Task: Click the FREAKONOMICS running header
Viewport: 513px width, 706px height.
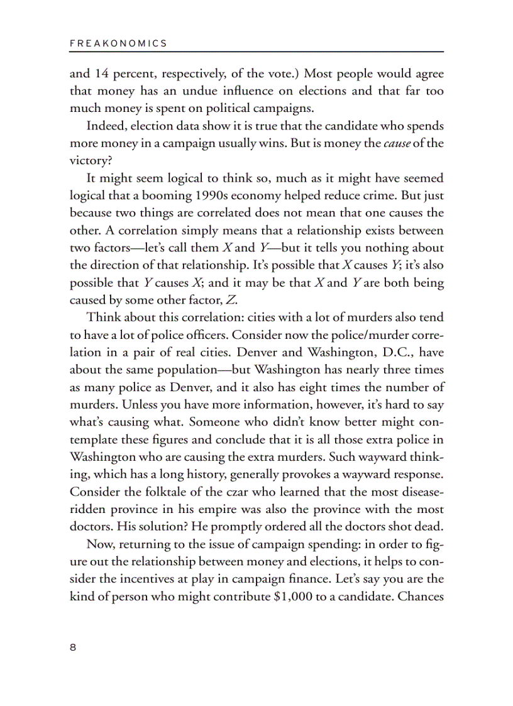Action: click(118, 43)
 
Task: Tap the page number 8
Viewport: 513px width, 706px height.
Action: click(73, 648)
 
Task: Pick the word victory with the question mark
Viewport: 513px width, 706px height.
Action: click(90, 160)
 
